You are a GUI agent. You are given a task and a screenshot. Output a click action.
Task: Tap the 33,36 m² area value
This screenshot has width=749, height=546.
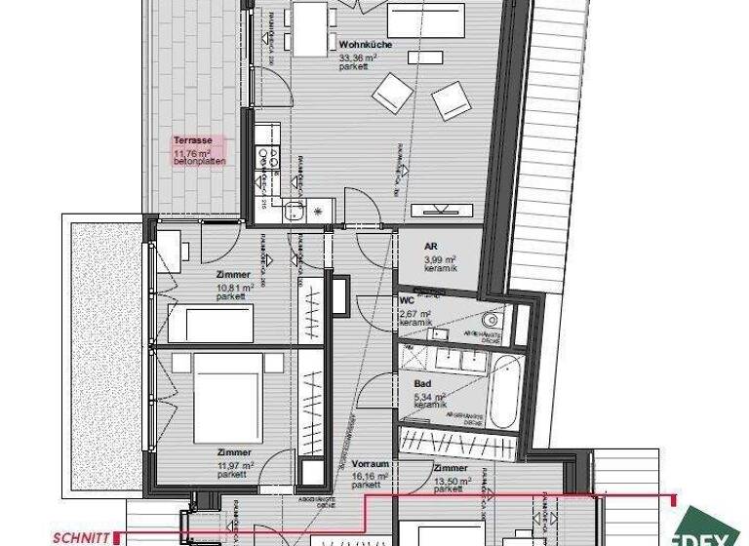click(356, 58)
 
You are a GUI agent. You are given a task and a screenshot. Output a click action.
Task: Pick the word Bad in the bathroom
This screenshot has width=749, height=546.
click(423, 385)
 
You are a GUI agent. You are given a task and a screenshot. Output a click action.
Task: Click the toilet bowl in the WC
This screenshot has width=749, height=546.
click(492, 318)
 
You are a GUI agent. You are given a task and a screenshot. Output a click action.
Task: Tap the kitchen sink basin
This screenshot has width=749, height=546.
click(296, 210)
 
